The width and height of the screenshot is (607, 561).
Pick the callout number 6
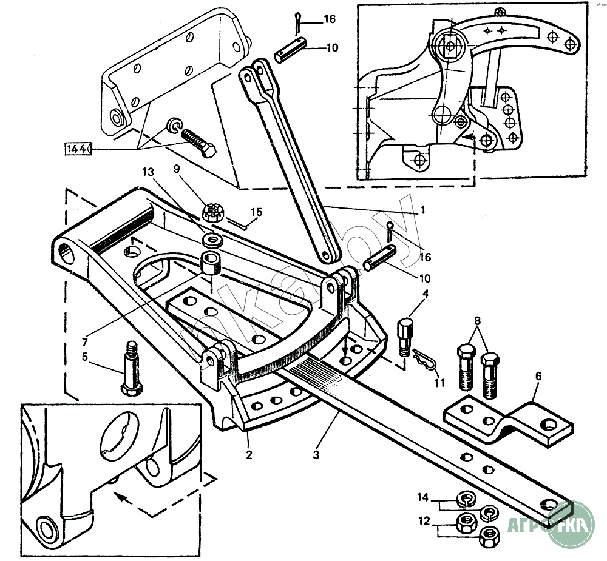click(x=538, y=377)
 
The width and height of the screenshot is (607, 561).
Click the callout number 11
click(x=439, y=383)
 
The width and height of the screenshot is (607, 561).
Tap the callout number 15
click(x=257, y=212)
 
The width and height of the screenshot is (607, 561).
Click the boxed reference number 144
click(x=78, y=147)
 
